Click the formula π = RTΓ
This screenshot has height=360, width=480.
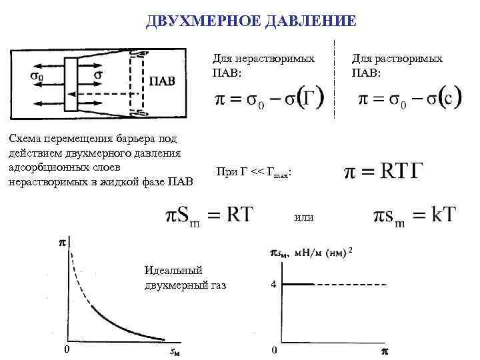tap(383, 173)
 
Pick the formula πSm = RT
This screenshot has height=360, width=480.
tap(209, 215)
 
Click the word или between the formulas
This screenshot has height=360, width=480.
tap(303, 217)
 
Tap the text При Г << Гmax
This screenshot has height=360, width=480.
tap(253, 173)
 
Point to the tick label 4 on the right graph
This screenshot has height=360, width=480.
tap(274, 285)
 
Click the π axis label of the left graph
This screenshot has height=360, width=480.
tap(63, 245)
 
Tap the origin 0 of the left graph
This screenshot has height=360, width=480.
tap(65, 349)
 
